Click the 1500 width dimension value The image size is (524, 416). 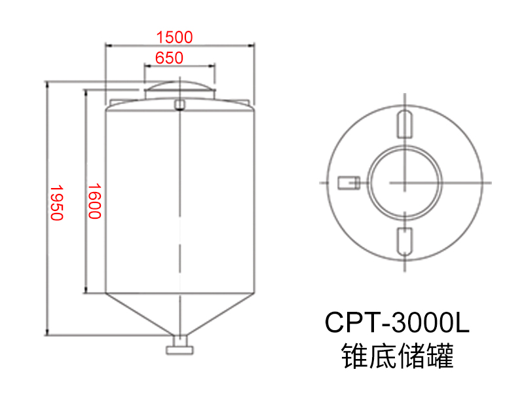(x=175, y=37)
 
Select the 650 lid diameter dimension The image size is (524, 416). (x=169, y=58)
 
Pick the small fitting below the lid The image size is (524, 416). (x=179, y=104)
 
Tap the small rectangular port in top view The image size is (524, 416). (x=346, y=181)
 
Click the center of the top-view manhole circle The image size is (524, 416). (x=404, y=181)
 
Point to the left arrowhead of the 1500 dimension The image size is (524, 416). (x=109, y=45)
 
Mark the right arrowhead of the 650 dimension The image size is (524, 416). (x=212, y=66)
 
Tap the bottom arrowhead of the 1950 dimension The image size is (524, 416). (x=48, y=332)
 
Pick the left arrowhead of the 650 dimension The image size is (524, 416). (x=146, y=66)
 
